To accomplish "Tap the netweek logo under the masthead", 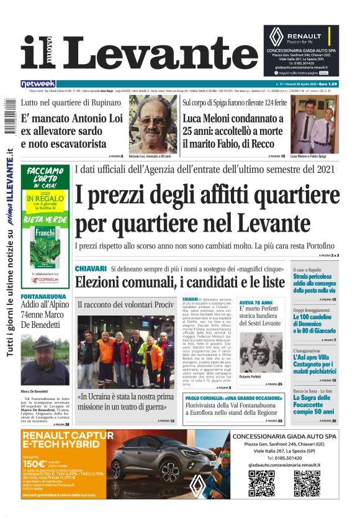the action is (x=38, y=83).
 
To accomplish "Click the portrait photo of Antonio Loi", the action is (x=153, y=124).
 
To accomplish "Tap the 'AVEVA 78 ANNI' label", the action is (x=256, y=302).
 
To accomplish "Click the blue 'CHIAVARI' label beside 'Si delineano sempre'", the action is (x=91, y=268).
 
